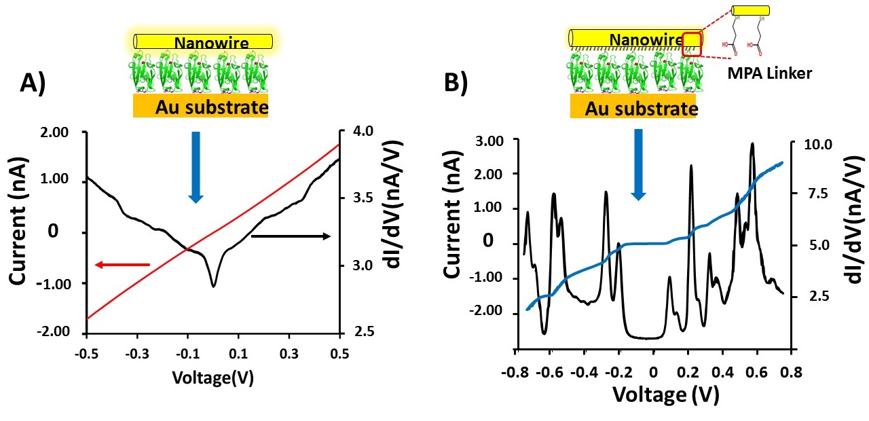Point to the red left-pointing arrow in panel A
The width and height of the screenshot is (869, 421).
coord(122,264)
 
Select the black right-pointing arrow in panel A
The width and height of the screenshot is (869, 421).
coord(291,236)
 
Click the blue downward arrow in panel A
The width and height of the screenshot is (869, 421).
coord(196,167)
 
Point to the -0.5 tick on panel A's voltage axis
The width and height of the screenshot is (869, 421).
coord(87,354)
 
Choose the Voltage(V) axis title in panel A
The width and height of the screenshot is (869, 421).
coord(212,378)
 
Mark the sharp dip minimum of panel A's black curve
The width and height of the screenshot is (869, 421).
coord(214,286)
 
